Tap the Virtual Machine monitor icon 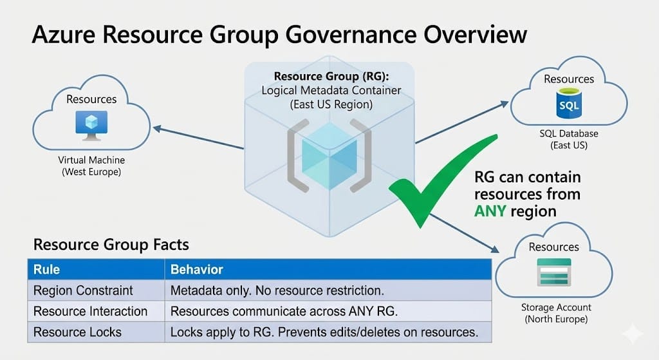pyautogui.click(x=91, y=126)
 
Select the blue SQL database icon pyautogui.click(x=569, y=105)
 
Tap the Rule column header pyautogui.click(x=46, y=269)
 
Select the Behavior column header pyautogui.click(x=197, y=269)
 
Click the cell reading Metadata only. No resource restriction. pyautogui.click(x=276, y=290)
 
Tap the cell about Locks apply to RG pyautogui.click(x=324, y=332)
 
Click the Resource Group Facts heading pyautogui.click(x=111, y=245)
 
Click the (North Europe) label pyautogui.click(x=556, y=319)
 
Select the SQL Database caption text pyautogui.click(x=569, y=134)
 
